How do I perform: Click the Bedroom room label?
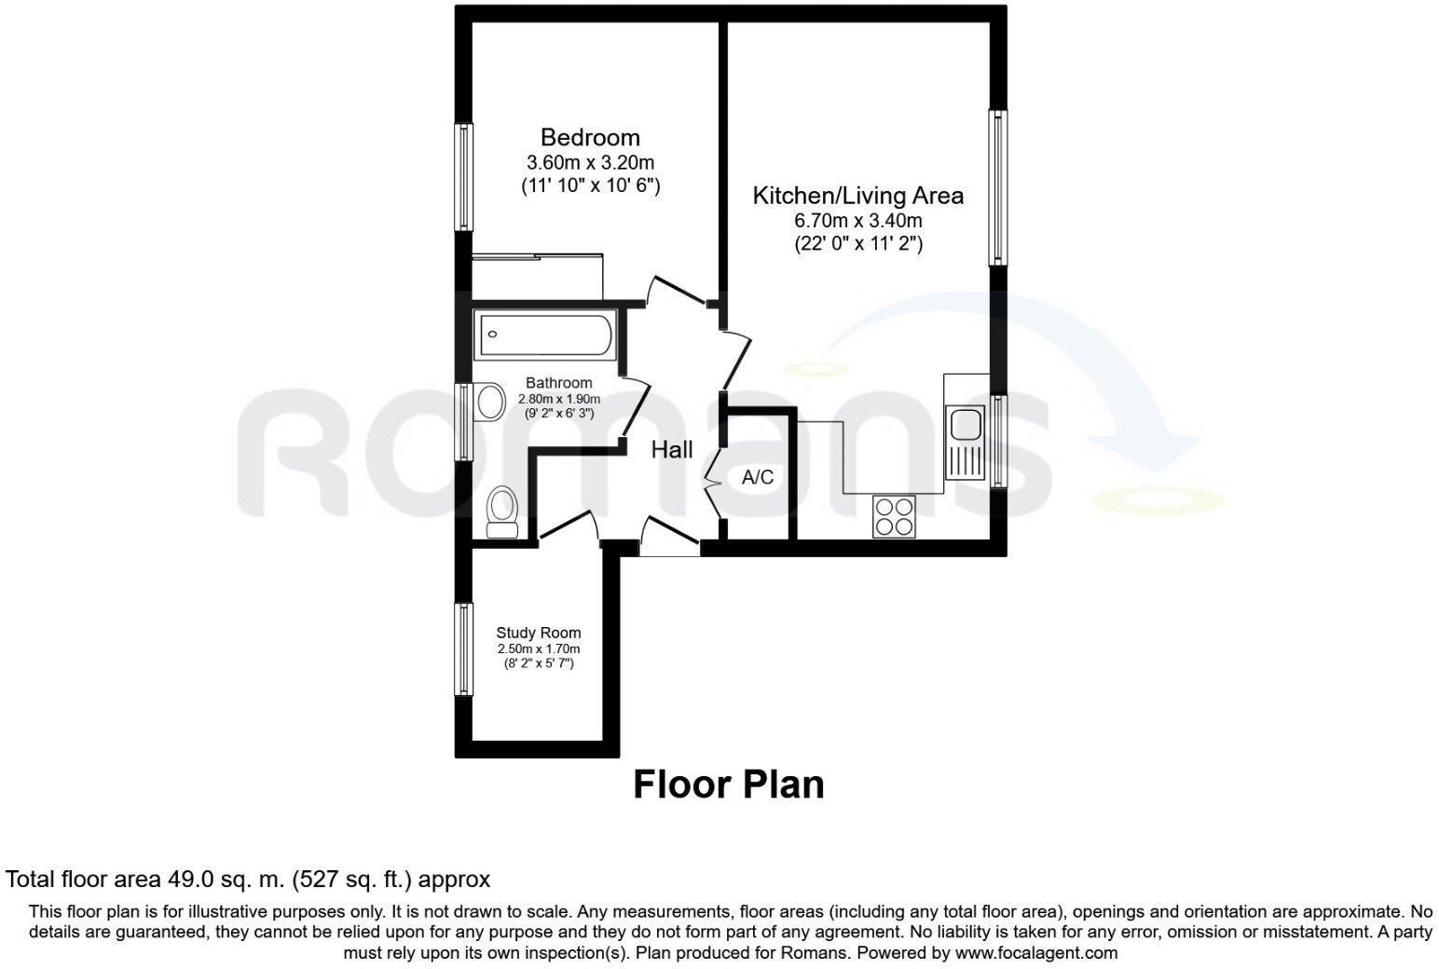point(590,138)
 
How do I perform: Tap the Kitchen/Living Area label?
point(857,196)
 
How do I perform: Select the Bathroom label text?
point(558,383)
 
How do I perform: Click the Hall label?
point(671,450)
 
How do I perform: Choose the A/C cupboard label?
point(757,478)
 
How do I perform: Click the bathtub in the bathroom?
point(545,335)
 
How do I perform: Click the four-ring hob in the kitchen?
point(894,516)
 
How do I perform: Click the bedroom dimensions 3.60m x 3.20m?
point(590,162)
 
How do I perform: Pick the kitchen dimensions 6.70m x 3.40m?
point(857,221)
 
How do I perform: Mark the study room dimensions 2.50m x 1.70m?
point(538,649)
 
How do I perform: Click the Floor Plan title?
point(728,785)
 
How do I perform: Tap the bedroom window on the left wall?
point(463,176)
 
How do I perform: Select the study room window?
point(463,649)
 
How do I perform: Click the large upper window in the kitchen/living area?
point(997,186)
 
